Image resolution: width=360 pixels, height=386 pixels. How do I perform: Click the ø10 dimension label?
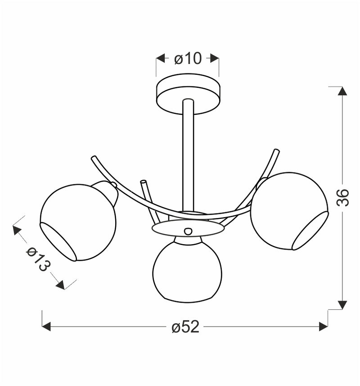tap(188, 59)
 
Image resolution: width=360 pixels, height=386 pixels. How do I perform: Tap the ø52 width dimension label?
tap(185, 327)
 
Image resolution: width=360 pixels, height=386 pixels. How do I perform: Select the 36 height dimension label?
tap(342, 197)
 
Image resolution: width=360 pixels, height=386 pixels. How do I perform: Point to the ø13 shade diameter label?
tap(38, 259)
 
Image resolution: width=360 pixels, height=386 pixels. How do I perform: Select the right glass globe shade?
tap(288, 210)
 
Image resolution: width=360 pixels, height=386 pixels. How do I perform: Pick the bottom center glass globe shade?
tap(187, 273)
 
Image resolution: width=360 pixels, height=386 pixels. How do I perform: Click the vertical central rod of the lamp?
tap(188, 153)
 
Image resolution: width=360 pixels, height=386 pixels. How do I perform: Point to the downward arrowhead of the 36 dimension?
tap(342, 305)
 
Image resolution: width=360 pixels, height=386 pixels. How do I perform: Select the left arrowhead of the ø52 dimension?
tap(46, 327)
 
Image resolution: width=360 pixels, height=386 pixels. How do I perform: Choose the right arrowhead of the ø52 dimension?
tap(324, 327)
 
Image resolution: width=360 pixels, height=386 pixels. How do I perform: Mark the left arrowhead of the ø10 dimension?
tap(160, 59)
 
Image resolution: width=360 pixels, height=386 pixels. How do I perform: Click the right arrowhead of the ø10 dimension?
tap(215, 59)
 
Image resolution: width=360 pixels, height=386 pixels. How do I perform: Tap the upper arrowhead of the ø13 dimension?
tap(17, 231)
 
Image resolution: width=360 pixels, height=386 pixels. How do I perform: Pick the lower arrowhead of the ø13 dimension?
tap(61, 285)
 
